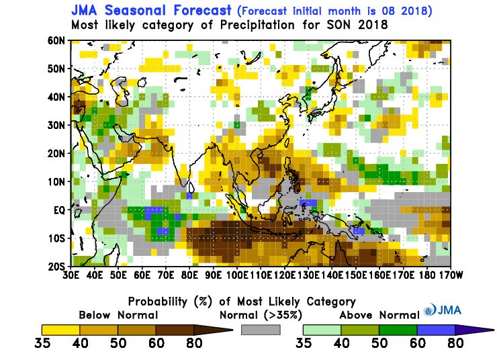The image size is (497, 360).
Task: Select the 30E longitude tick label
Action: pos(71,275)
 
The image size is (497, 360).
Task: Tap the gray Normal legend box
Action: pos(260,329)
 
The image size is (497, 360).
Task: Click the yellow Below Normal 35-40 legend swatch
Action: pos(60,329)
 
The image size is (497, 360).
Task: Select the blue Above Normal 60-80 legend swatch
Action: pos(435,329)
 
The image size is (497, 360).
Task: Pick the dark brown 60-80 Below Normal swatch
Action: pos(174,329)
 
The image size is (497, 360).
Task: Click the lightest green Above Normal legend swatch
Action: pos(322,329)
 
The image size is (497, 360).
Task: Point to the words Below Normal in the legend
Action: pos(118,314)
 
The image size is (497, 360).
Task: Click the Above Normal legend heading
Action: pos(378,314)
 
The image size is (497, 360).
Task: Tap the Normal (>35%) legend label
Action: pos(260,314)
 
